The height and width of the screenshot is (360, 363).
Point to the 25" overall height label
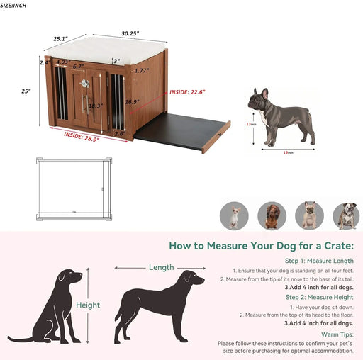point(25,90)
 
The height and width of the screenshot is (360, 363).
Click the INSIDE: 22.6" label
point(187,91)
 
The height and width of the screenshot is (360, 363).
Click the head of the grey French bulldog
point(259,99)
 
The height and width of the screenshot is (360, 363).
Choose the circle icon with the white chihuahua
point(234,215)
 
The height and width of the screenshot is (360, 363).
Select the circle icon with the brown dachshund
point(272,215)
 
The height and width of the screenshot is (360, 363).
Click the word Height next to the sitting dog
point(88,305)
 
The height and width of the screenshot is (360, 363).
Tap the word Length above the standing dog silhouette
point(161,267)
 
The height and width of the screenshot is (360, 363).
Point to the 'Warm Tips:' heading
point(337,334)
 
